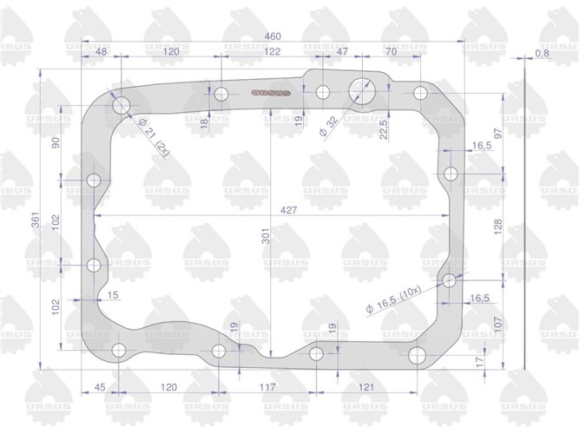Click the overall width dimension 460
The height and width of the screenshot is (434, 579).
pyautogui.click(x=272, y=37)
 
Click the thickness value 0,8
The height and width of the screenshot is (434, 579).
pyautogui.click(x=543, y=54)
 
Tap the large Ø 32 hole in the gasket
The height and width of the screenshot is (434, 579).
pyautogui.click(x=359, y=90)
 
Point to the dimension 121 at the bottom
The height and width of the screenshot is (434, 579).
pyautogui.click(x=366, y=388)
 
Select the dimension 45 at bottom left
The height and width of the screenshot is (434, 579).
pyautogui.click(x=100, y=388)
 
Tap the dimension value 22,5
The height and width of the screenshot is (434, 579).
pyautogui.click(x=383, y=128)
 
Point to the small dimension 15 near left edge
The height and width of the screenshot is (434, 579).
pyautogui.click(x=113, y=296)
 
